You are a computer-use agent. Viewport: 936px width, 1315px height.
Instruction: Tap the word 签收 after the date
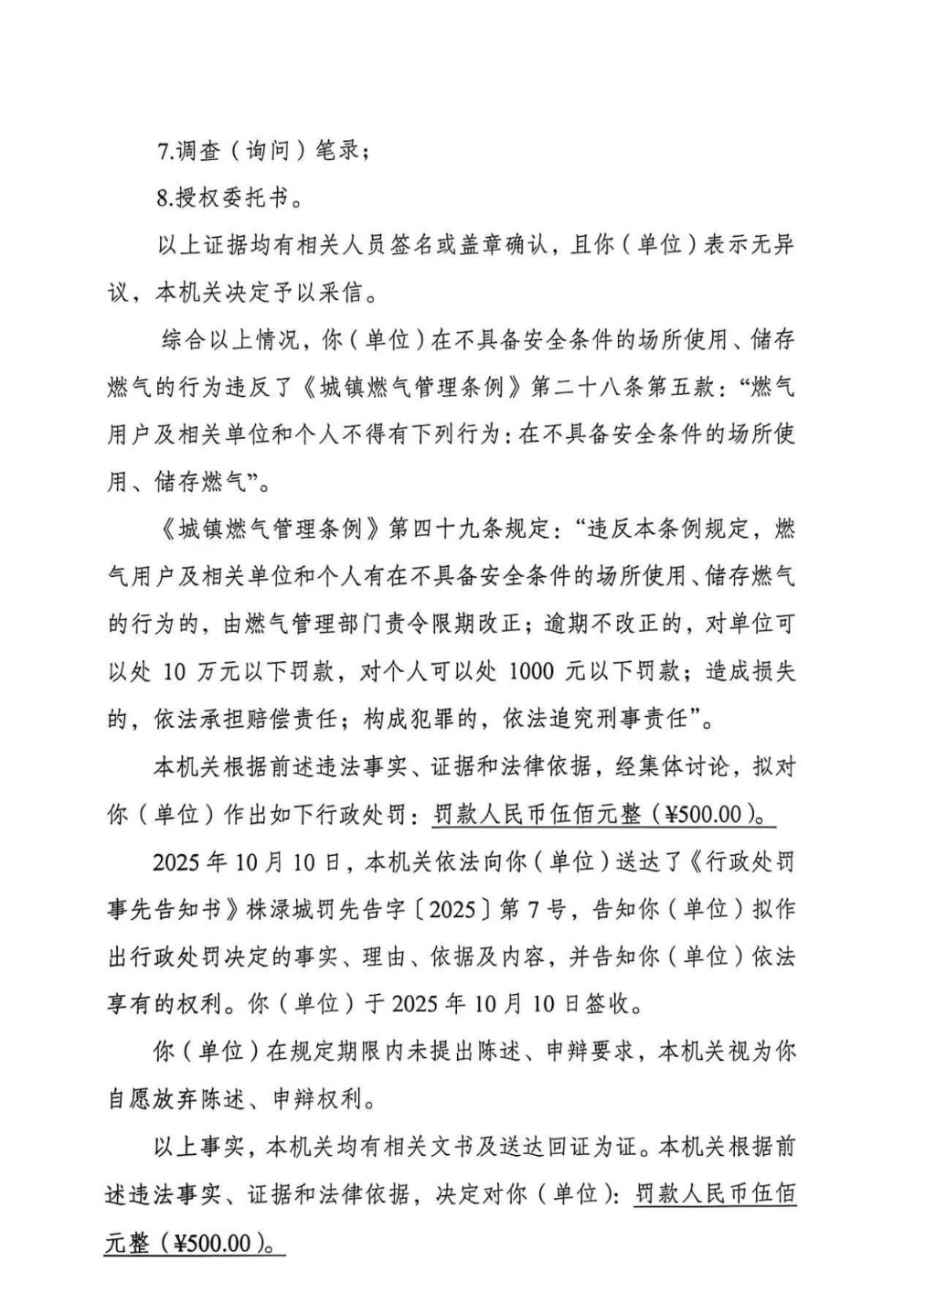[x=608, y=1003]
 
